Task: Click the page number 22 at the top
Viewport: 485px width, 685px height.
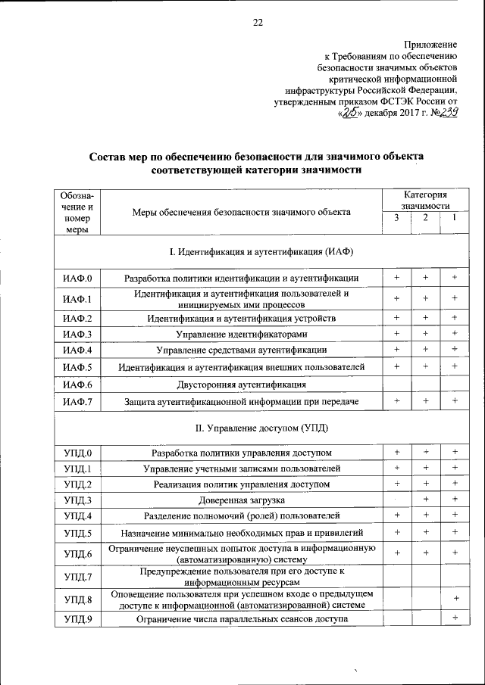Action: tap(257, 22)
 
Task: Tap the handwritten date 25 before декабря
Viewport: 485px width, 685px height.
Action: tap(350, 113)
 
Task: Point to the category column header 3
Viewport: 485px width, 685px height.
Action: tap(396, 218)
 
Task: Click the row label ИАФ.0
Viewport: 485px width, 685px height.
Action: tap(77, 279)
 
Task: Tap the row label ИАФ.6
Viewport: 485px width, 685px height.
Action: tap(77, 385)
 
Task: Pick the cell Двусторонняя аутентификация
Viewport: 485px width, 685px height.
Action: tap(241, 385)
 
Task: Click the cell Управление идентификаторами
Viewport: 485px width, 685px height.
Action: tap(241, 334)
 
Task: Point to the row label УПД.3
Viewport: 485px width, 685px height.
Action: tap(77, 500)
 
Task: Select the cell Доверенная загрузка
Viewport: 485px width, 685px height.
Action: tap(241, 500)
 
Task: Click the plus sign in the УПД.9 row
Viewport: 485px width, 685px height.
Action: tap(455, 618)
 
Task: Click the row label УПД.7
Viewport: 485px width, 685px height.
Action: tap(77, 578)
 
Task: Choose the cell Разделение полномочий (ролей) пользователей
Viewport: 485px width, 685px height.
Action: tap(241, 516)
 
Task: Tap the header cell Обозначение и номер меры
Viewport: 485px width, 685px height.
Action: tap(77, 212)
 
